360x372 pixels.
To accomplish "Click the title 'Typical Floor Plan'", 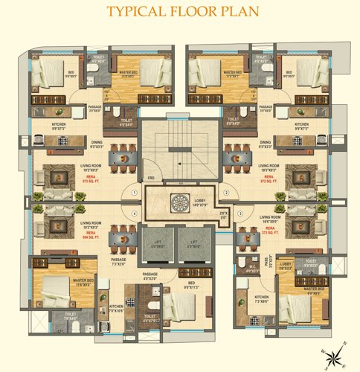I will (180, 12).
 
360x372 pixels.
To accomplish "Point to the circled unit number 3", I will (240, 214).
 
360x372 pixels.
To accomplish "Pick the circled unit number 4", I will (134, 214).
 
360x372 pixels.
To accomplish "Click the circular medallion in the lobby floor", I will (179, 203).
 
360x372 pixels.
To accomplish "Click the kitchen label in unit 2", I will (301, 125).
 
